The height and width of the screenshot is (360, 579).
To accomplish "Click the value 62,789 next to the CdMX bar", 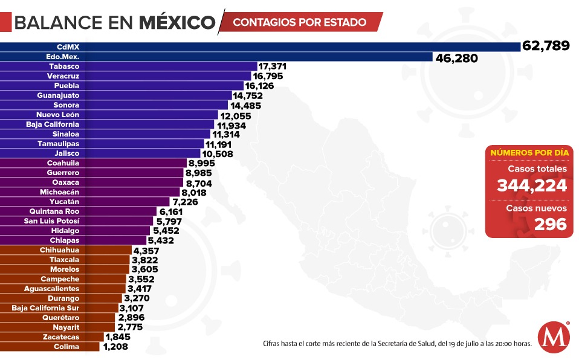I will click(x=546, y=47).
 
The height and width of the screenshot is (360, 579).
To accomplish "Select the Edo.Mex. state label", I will click(x=63, y=57).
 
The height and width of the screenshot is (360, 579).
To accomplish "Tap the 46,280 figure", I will click(x=456, y=59).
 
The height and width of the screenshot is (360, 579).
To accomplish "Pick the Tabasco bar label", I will click(x=64, y=66).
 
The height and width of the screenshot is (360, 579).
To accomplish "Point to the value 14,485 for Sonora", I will click(x=253, y=105).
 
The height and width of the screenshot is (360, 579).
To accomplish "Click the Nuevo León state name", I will click(x=57, y=115).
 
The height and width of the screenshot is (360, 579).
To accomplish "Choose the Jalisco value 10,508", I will click(x=221, y=153).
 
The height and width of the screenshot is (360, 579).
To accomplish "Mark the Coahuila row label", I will click(x=63, y=163).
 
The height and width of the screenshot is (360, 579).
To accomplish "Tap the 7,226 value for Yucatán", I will click(x=185, y=202).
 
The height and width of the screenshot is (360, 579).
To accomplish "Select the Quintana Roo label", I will click(x=54, y=211).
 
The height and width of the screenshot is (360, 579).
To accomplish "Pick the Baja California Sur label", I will click(x=45, y=308).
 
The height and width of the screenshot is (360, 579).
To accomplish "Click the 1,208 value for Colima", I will click(x=116, y=347).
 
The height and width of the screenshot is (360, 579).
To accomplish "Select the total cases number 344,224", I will click(x=531, y=186).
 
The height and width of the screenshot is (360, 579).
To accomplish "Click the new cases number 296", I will click(x=551, y=224).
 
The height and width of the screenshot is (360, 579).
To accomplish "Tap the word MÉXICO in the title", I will click(x=177, y=22).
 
